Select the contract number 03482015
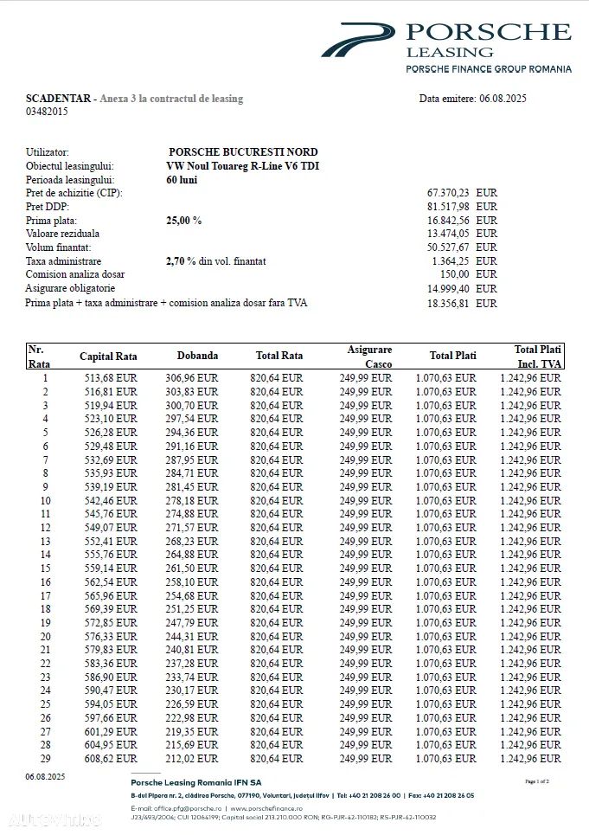pos(47,111)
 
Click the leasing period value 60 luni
pos(182,179)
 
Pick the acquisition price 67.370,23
pos(448,193)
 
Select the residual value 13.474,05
pos(448,234)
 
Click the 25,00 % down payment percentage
pos(183,221)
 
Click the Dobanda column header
pos(197,356)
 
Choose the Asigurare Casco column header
pos(369,356)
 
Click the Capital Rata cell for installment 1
pos(111,378)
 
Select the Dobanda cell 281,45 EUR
pos(191,487)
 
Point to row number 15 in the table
pos(45,568)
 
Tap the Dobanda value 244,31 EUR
pos(191,636)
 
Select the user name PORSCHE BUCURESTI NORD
pos(243,152)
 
